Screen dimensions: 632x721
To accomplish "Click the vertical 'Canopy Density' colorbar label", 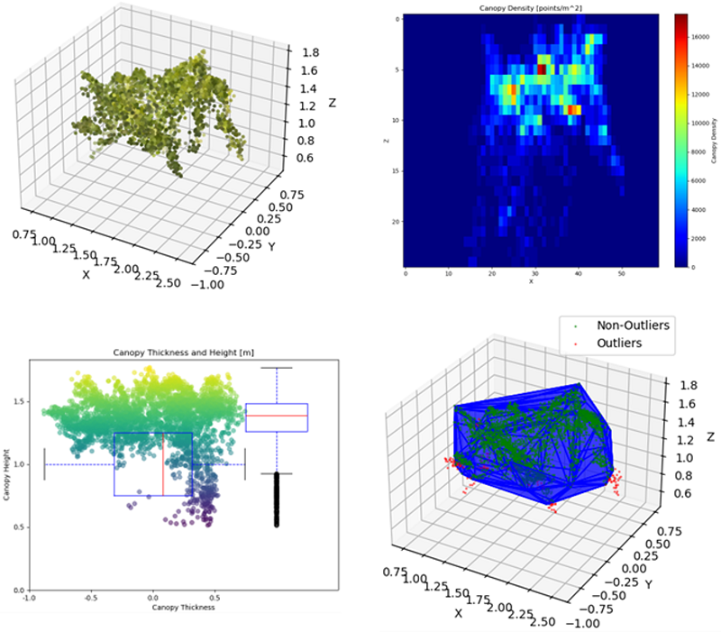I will click(x=713, y=141).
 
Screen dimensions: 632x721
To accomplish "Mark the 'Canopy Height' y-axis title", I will click(x=8, y=475).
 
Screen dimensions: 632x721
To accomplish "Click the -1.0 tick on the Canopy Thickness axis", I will click(x=29, y=597).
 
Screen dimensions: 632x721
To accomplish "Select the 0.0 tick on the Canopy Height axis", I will click(x=19, y=590).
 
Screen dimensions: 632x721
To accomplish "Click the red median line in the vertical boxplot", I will click(x=277, y=416).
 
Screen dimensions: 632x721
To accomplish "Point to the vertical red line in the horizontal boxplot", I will click(x=163, y=463).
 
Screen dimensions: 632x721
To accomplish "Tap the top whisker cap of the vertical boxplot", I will click(x=277, y=368).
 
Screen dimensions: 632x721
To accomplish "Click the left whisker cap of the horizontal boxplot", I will click(x=44, y=463).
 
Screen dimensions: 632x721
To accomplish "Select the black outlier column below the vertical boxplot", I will click(x=277, y=500).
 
